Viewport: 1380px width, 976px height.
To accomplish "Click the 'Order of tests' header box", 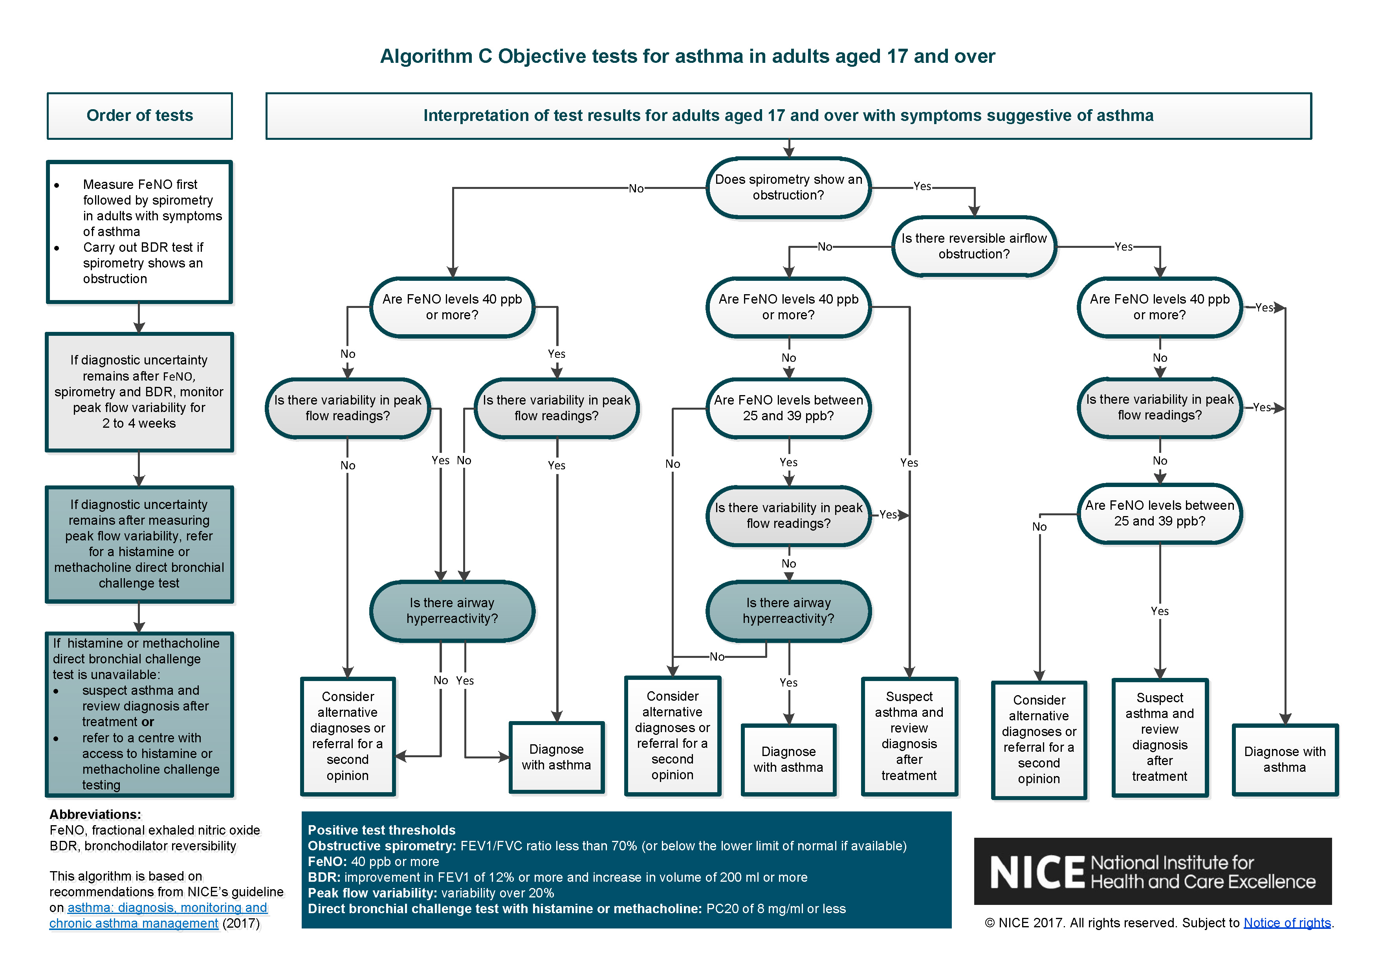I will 139,115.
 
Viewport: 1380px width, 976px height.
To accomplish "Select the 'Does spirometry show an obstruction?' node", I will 788,187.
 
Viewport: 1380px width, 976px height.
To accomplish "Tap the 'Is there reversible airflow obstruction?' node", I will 974,246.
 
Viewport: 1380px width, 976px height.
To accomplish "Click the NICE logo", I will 1152,872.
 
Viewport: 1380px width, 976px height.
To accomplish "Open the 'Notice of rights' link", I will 1287,923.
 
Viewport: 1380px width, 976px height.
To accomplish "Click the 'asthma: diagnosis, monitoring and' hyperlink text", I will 167,908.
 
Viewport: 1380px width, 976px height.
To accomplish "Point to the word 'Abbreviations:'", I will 95,814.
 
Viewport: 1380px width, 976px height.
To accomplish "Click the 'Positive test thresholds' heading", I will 382,830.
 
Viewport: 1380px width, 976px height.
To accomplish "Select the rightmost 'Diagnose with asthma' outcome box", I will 1285,760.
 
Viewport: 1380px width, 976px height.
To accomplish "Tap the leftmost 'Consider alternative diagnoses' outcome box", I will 347,736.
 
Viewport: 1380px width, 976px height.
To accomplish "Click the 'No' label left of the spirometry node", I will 636,189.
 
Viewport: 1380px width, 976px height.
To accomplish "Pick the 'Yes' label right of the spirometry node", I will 922,186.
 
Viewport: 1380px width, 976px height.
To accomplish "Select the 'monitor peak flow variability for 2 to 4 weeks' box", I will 139,392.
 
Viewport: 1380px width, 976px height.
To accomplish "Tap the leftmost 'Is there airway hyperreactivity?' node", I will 452,611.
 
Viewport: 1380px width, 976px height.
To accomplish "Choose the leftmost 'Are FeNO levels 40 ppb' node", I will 452,307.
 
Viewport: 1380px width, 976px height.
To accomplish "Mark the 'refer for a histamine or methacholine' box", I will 139,544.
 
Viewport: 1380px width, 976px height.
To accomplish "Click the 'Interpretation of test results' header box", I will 788,115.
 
